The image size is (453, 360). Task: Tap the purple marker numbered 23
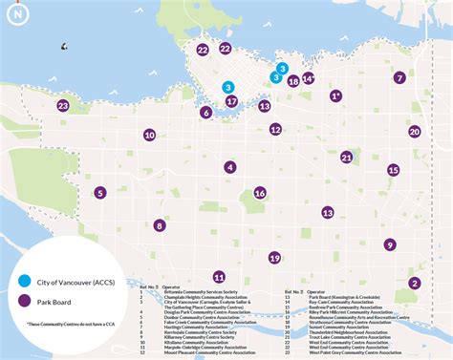[x=63, y=106]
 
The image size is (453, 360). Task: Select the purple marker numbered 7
[x=399, y=78]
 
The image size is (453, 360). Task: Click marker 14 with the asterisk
[x=308, y=79]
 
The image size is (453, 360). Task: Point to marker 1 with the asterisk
[x=335, y=96]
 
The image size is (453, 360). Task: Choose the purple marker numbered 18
[x=293, y=82]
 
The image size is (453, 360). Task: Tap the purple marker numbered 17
[x=231, y=101]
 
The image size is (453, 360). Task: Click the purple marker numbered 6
[x=205, y=113]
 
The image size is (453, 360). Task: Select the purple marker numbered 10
[x=149, y=136]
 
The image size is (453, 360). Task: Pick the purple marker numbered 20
[x=414, y=132]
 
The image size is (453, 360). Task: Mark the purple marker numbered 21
[x=346, y=158]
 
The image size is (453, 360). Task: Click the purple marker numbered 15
[x=393, y=170]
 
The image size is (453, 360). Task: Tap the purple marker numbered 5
[x=100, y=193]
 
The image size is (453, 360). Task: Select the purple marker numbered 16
[x=259, y=193]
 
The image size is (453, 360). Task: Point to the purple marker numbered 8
[x=160, y=226]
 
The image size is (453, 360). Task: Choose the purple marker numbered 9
[x=390, y=244]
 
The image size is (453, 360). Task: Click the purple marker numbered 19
[x=274, y=258]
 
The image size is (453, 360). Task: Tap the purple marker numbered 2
[x=415, y=283]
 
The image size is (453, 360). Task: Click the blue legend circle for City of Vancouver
[x=25, y=281]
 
